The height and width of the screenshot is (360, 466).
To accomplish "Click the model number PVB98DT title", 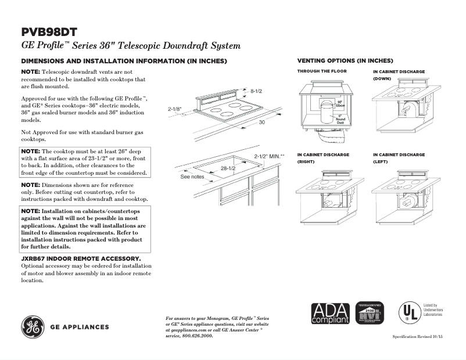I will [x=49, y=32].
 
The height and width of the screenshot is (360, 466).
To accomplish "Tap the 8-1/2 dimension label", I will [x=257, y=91].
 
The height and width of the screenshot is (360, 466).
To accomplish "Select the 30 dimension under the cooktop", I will [x=261, y=123].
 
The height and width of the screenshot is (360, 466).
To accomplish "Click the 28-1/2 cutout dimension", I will [x=227, y=168].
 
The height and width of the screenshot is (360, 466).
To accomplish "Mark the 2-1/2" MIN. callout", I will [x=270, y=156].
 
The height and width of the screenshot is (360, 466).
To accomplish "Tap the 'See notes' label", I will [x=192, y=177].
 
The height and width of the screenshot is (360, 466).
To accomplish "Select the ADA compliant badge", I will [x=330, y=314].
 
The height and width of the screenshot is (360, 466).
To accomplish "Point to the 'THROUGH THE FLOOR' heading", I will [x=322, y=71].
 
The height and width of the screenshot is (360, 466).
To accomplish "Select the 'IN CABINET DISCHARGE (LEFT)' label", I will [x=399, y=159].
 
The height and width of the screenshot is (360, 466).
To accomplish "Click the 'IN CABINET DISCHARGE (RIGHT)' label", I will [x=323, y=159].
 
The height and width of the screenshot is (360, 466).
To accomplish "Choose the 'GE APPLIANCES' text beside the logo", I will [x=80, y=327].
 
